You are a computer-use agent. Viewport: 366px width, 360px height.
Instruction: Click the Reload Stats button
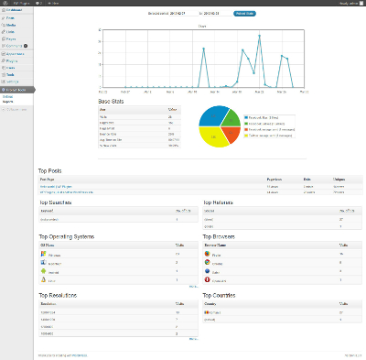click(244, 15)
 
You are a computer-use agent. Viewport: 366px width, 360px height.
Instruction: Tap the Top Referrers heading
click(221, 202)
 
